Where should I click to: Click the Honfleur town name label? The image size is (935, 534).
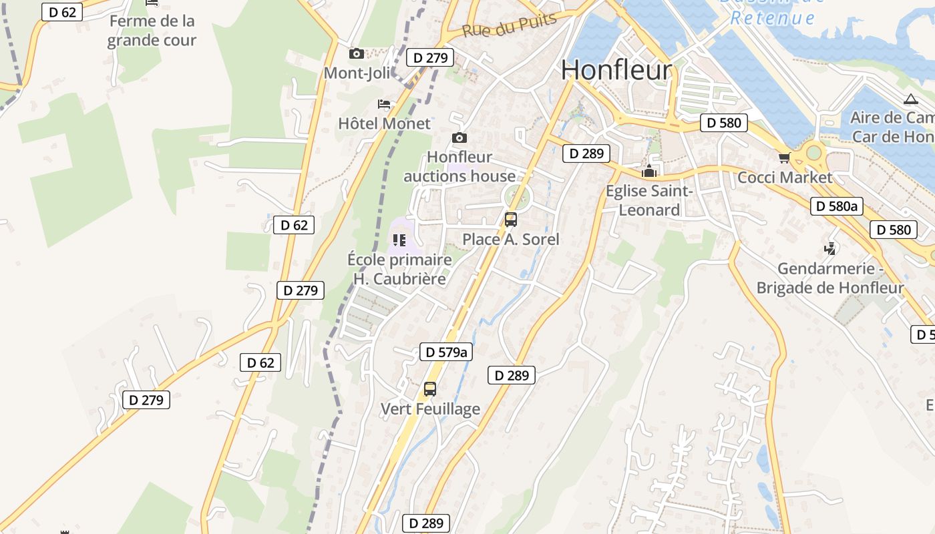(616, 70)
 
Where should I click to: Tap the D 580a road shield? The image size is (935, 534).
(837, 206)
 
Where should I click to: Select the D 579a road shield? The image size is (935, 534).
(445, 352)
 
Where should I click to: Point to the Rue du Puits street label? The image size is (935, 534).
(509, 25)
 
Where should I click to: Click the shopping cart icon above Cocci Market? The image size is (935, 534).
(784, 158)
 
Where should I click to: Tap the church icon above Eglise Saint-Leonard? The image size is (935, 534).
(648, 172)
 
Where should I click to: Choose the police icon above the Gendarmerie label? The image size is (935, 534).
(829, 249)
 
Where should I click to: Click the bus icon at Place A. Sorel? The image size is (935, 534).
(511, 219)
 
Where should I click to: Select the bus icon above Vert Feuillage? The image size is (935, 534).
(430, 388)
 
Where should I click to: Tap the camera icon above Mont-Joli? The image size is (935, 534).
(357, 53)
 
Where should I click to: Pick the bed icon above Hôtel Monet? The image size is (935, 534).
(384, 103)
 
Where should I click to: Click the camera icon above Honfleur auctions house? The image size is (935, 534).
(459, 138)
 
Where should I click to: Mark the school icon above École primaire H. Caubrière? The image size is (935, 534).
(399, 240)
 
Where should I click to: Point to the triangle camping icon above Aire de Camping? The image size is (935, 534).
(910, 99)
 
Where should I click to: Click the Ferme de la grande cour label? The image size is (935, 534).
(152, 31)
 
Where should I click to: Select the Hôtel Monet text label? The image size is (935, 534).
(384, 123)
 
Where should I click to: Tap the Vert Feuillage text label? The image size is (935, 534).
(430, 409)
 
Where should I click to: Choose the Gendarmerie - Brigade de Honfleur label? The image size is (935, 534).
(829, 278)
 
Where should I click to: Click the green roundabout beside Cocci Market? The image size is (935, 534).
(813, 153)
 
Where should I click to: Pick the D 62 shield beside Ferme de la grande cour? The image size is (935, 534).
(62, 12)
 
